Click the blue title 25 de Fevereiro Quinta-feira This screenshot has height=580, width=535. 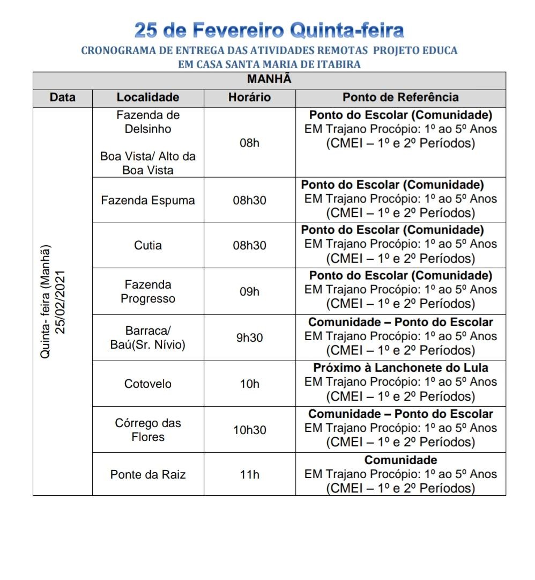click(269, 30)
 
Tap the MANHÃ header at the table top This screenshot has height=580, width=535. click(269, 79)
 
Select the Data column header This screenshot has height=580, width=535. click(63, 98)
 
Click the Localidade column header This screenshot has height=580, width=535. click(148, 98)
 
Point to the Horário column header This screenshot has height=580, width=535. click(249, 98)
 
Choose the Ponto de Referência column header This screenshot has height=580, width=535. click(400, 98)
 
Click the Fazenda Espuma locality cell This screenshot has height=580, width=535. click(148, 200)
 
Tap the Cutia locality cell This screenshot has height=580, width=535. click(148, 245)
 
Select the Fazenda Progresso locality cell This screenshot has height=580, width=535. click(148, 291)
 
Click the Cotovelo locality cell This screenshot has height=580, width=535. click(148, 384)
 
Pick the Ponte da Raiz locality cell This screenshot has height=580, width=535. click(148, 474)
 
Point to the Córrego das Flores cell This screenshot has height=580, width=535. click(148, 430)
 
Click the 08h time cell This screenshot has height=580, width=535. click(249, 143)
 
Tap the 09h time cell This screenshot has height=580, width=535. click(249, 291)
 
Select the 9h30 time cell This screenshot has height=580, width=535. click(249, 338)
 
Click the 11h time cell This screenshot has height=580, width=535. click(249, 474)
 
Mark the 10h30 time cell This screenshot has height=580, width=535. click(249, 430)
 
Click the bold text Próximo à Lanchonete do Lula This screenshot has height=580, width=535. click(400, 368)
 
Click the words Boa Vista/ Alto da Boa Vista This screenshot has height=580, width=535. click(148, 163)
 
